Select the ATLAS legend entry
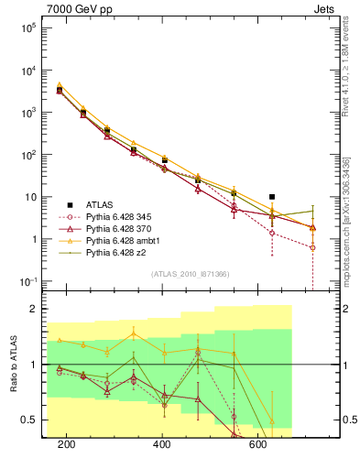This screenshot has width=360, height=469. point(101,203)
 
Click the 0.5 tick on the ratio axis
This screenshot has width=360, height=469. point(27,420)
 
